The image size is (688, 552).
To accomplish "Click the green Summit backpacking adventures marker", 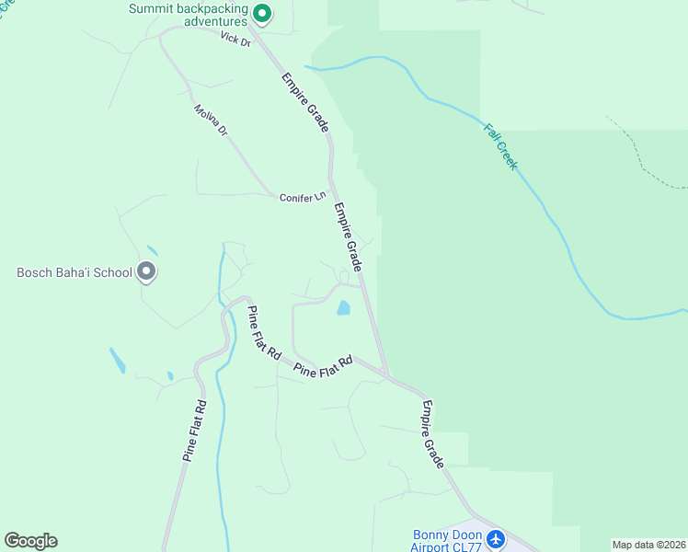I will click(x=261, y=14).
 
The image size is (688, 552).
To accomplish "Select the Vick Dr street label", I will click(x=235, y=39).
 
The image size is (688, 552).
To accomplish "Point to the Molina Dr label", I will click(x=210, y=121).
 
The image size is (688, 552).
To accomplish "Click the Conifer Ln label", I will click(x=304, y=197).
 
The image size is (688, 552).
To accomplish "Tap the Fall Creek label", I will click(x=500, y=145).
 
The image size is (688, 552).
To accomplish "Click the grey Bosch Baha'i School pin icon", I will click(x=145, y=271).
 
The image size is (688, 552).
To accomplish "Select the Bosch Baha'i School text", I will click(x=74, y=272).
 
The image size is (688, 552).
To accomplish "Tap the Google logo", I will click(x=30, y=541).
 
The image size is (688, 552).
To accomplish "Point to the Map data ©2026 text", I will click(x=648, y=545).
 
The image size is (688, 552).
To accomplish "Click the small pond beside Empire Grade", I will click(x=343, y=307).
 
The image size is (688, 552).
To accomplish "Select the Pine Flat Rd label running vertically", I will click(x=191, y=430).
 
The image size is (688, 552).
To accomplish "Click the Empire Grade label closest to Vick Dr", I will click(x=306, y=102).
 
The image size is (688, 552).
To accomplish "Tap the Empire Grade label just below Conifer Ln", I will click(x=348, y=237).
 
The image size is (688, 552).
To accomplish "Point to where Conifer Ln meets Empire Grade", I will click(x=332, y=195).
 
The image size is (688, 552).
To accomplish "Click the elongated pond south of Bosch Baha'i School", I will click(x=118, y=361).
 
